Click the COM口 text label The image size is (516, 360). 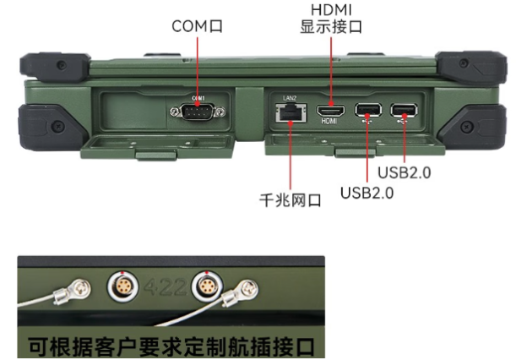[197, 26]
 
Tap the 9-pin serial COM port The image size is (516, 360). [198, 111]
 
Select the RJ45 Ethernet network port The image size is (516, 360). [288, 110]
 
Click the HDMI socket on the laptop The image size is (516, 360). [329, 110]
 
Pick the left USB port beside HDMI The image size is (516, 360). [366, 109]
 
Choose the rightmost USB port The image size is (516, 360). [403, 109]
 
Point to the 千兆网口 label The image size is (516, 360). [290, 200]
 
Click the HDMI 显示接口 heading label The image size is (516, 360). [331, 18]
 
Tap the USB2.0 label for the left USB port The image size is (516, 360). [367, 192]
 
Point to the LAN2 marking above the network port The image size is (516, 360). [288, 98]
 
